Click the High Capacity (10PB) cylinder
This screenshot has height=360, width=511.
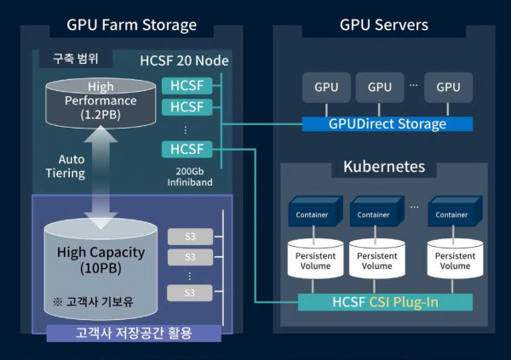click(100, 260)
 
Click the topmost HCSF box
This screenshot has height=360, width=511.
click(186, 86)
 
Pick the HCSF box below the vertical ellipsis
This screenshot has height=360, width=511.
click(186, 150)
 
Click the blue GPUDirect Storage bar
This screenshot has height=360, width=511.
click(387, 124)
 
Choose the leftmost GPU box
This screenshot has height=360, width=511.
click(325, 87)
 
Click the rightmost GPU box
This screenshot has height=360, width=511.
click(448, 87)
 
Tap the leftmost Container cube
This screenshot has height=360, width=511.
click(313, 214)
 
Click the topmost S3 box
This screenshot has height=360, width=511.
click(190, 236)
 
